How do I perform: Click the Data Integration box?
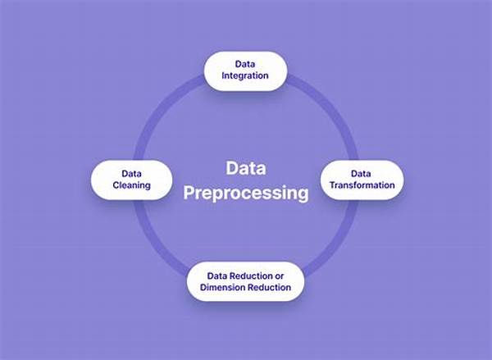click(x=244, y=71)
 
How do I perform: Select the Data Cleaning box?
click(x=131, y=179)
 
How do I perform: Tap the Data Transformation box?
click(x=361, y=179)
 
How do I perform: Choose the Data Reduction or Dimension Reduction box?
click(x=244, y=281)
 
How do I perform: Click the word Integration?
click(x=244, y=77)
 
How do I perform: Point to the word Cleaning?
click(x=131, y=185)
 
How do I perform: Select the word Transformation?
click(x=361, y=185)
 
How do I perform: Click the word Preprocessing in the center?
click(x=246, y=194)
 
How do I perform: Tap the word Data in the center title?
click(x=246, y=168)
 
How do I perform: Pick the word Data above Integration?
click(x=244, y=64)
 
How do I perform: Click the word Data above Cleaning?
click(x=131, y=173)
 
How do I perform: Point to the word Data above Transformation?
click(x=361, y=173)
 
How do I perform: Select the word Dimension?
click(x=221, y=288)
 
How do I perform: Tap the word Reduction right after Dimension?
click(x=267, y=288)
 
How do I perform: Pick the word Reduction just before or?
click(x=250, y=276)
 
